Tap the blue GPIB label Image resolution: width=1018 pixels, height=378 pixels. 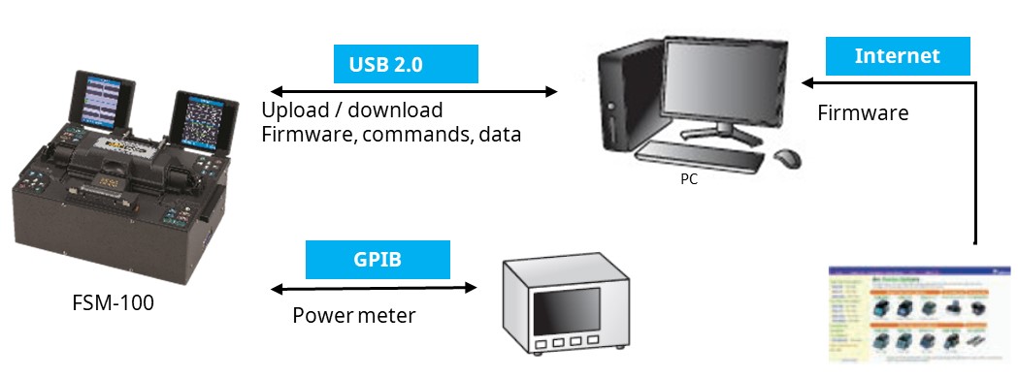pyautogui.click(x=378, y=260)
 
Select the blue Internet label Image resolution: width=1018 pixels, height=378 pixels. pyautogui.click(x=897, y=56)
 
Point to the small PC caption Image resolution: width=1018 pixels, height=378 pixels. pyautogui.click(x=688, y=179)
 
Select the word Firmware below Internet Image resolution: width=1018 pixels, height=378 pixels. pyautogui.click(x=863, y=113)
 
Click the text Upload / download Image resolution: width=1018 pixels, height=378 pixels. pyautogui.click(x=351, y=110)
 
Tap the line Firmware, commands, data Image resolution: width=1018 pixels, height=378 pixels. pyautogui.click(x=391, y=135)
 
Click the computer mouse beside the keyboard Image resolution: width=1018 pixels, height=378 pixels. pyautogui.click(x=787, y=157)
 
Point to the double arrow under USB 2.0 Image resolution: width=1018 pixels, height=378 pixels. pyautogui.click(x=411, y=91)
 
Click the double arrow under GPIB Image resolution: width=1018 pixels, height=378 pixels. pyautogui.click(x=374, y=288)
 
